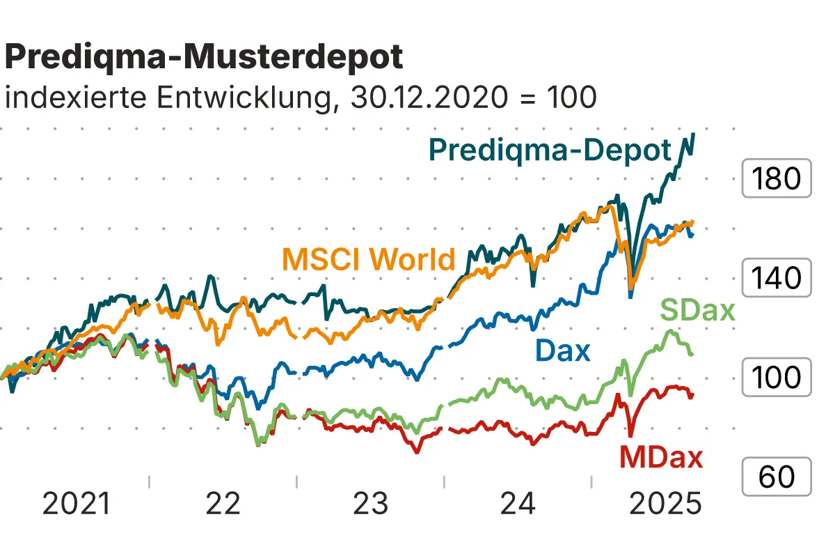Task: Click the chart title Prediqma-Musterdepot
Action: [203, 57]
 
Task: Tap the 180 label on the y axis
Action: [777, 179]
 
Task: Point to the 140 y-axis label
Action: [777, 278]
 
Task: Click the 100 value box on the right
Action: [777, 377]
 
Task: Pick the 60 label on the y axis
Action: [777, 477]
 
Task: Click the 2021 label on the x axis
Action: [77, 504]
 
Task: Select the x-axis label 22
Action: [223, 504]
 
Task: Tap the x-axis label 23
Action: [370, 504]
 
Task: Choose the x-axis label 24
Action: [518, 504]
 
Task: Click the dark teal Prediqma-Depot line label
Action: [550, 150]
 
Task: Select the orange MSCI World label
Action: [368, 259]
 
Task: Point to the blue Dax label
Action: [562, 350]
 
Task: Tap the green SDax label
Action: [697, 310]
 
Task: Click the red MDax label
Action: [661, 458]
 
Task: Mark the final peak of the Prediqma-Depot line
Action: [693, 134]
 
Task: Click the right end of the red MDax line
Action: [692, 395]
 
